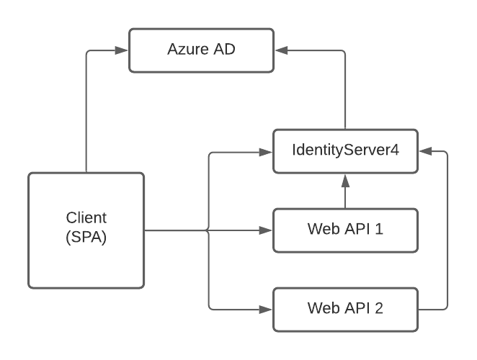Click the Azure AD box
(x=202, y=51)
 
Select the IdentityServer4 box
(x=346, y=152)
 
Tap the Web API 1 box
(x=346, y=231)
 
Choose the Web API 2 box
(x=346, y=310)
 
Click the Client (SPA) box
(x=86, y=230)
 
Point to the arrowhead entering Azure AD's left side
(x=123, y=51)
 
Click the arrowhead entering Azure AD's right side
(x=281, y=51)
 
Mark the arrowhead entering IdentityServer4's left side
(x=267, y=152)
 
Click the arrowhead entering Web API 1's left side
(x=267, y=231)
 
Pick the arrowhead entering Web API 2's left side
(x=267, y=310)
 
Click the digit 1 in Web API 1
(x=380, y=231)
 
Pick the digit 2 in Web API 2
(x=380, y=310)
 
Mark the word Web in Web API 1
(x=322, y=231)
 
